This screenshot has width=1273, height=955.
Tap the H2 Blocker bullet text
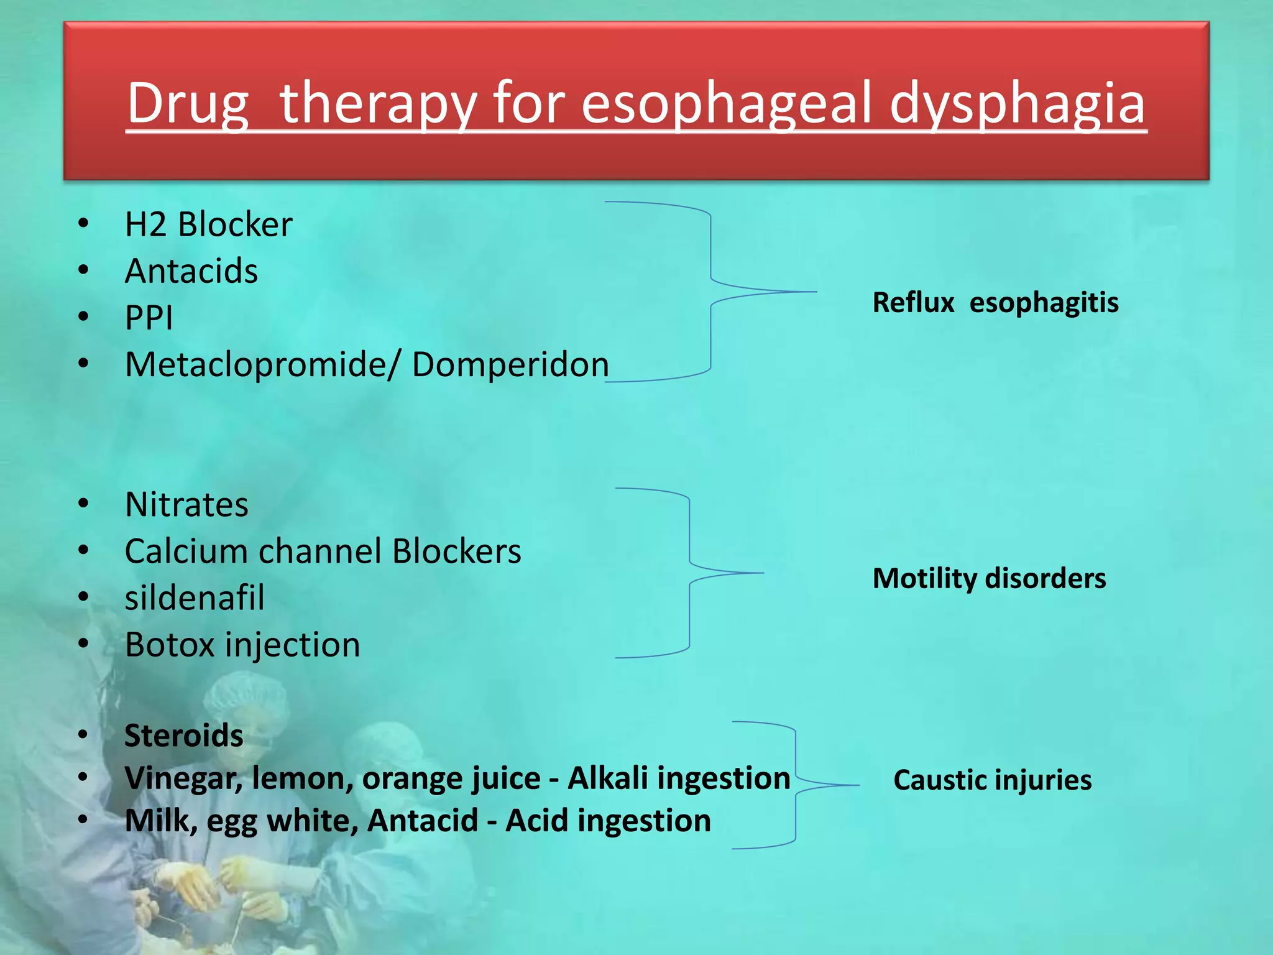(208, 224)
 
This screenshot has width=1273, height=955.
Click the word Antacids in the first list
(191, 271)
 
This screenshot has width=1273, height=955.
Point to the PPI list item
(149, 318)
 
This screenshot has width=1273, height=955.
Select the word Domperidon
(510, 364)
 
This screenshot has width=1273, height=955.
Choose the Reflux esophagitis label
(995, 303)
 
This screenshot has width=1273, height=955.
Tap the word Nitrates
(186, 504)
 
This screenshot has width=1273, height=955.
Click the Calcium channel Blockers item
(323, 551)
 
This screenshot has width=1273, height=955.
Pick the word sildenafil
(195, 597)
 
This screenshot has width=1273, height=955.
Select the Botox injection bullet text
(242, 645)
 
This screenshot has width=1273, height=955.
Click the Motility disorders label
(989, 578)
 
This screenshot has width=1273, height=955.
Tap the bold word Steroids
(184, 736)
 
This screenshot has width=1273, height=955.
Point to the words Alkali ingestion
(679, 778)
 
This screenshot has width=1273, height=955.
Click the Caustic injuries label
(992, 780)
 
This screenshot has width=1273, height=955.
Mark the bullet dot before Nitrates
(83, 503)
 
